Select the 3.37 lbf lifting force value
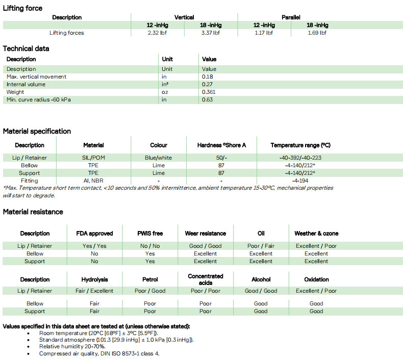coord(210,33)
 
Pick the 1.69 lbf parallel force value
coord(317,33)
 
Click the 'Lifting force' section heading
coord(23,8)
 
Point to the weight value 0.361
coord(209,92)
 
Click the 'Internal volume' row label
coord(26,85)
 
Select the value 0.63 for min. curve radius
coord(207,100)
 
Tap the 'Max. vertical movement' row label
coord(36,77)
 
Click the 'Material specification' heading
coord(37,132)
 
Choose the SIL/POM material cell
coord(93,158)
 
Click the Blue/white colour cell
coord(159,158)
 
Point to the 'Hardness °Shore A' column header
coord(221,145)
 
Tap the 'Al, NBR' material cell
coord(93,181)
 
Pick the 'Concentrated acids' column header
coord(206,279)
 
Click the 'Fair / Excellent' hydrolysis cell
coord(94,291)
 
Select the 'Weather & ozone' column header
coord(316,234)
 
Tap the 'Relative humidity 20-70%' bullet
coord(72,346)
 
